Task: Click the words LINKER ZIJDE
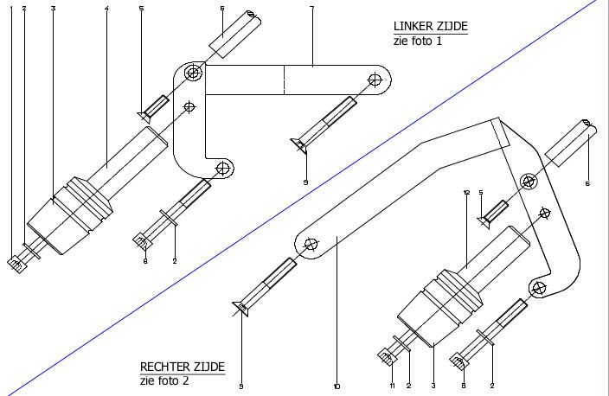click(430, 27)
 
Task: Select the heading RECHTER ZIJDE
click(183, 367)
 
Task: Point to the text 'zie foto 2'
click(164, 380)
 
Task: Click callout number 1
click(12, 8)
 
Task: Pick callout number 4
click(106, 8)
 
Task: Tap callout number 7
click(311, 8)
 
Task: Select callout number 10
click(337, 386)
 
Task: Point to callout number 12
click(466, 192)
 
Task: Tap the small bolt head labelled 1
click(15, 263)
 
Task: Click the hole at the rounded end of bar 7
click(375, 80)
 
